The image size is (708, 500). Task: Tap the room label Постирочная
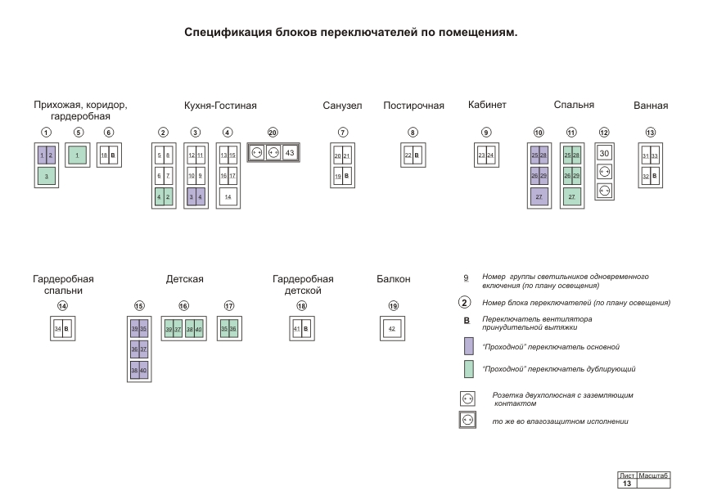coord(413,106)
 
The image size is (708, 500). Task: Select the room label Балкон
coord(393,280)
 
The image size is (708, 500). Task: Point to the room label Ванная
coord(651,106)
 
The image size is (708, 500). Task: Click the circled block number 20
coord(273,133)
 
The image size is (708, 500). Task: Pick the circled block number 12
coord(604,133)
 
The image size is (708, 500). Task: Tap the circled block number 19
coord(393,306)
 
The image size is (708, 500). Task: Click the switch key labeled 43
coord(290,153)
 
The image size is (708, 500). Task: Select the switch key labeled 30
coord(604,153)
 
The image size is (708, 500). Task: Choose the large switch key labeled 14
coord(228,197)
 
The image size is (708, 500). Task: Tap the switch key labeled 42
coord(392,328)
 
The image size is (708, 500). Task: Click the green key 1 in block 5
coord(77,155)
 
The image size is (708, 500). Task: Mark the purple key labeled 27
coord(539,197)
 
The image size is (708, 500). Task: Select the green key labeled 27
coord(571,197)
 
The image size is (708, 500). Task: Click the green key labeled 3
coord(47,176)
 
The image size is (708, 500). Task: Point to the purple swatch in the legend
coord(468,345)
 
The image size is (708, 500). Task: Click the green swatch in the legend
coord(468,369)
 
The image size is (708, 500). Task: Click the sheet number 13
coord(626,484)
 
